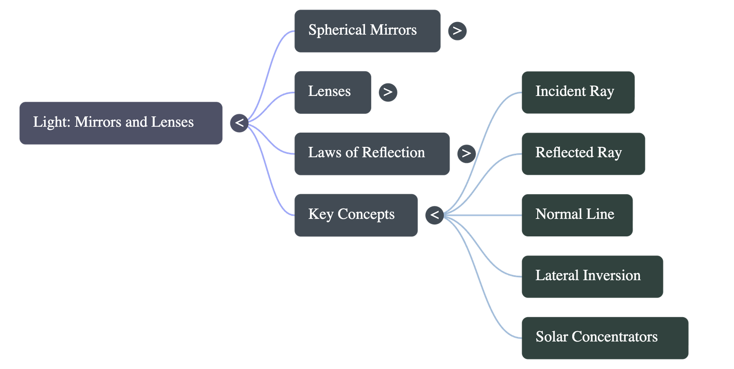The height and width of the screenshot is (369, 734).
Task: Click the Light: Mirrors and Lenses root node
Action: pos(121,123)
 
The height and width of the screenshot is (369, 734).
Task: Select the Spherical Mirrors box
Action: pos(367,31)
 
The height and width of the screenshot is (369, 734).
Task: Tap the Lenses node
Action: pos(333,92)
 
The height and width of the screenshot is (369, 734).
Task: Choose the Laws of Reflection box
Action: pos(372,153)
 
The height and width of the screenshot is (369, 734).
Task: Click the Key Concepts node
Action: pos(356,215)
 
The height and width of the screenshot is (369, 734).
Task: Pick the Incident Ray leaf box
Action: pos(578,92)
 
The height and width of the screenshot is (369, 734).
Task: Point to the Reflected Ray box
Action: pos(583,153)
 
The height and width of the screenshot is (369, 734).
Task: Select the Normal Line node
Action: pos(577,215)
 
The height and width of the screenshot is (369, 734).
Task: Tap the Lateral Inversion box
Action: pos(592,276)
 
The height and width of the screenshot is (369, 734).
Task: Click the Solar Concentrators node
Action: pos(605,338)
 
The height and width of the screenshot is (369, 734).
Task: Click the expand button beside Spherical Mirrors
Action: pos(457,31)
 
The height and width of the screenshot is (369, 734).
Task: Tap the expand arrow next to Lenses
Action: pos(388,92)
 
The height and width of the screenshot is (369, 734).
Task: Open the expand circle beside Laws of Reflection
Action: pos(466,153)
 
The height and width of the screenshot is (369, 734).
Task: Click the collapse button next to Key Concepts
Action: pos(434,215)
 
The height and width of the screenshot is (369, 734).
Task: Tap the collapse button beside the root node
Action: pos(239,123)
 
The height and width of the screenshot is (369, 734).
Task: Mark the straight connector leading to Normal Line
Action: pos(482,215)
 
